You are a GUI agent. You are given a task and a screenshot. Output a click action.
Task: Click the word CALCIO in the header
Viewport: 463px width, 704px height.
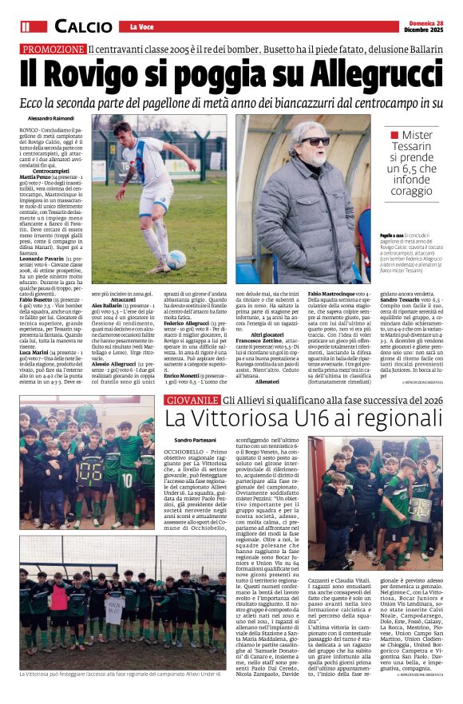tap(83, 26)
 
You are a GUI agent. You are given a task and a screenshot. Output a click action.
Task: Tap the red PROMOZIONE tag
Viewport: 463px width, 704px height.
tap(53, 49)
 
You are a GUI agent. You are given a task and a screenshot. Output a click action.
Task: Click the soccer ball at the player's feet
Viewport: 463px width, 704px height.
tap(176, 259)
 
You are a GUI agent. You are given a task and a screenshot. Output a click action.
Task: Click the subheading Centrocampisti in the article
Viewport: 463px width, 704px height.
tap(51, 172)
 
